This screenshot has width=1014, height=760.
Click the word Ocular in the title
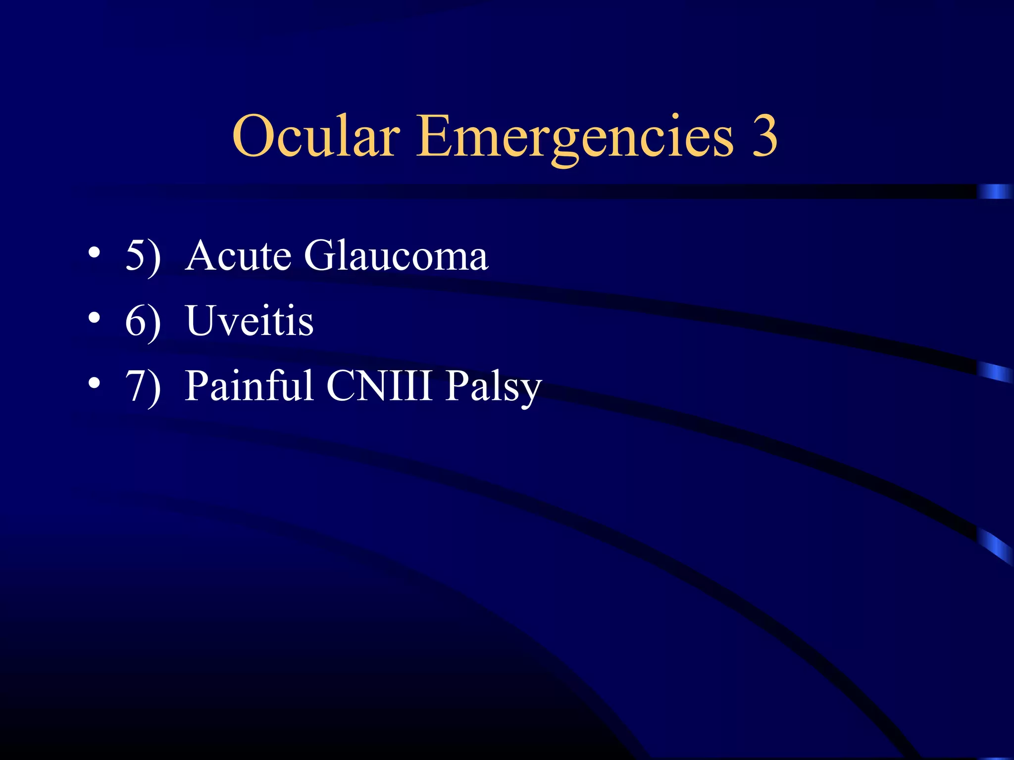pyautogui.click(x=315, y=136)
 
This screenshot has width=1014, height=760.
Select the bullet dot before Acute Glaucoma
pyautogui.click(x=94, y=253)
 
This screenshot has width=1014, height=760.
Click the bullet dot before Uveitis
pyautogui.click(x=94, y=318)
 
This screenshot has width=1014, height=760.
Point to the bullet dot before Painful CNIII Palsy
pyautogui.click(x=94, y=383)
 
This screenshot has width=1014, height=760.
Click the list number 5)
pyautogui.click(x=143, y=256)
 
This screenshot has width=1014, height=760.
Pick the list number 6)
pyautogui.click(x=143, y=322)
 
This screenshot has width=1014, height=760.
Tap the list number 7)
pyautogui.click(x=143, y=386)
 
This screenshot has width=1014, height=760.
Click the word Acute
pyautogui.click(x=238, y=256)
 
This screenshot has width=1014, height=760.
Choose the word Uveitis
pyautogui.click(x=250, y=321)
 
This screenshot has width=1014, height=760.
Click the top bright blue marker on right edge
pyautogui.click(x=995, y=191)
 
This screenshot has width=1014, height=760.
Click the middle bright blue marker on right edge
pyautogui.click(x=995, y=372)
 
